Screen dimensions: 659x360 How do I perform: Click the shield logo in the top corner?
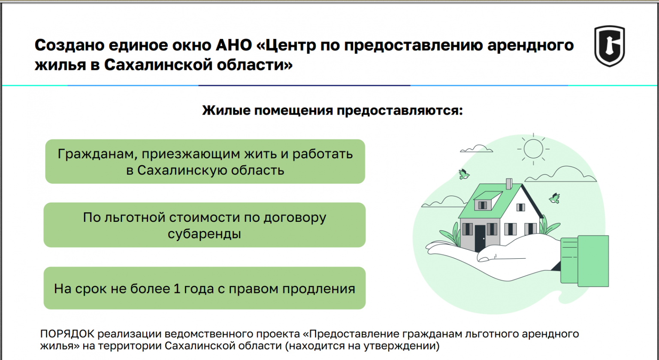tap(609, 46)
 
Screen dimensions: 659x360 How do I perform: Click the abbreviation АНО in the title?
tap(233, 45)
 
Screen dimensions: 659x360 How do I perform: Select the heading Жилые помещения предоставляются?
tap(333, 111)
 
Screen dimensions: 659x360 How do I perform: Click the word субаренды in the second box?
tap(205, 234)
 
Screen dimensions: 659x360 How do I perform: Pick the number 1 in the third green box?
tap(176, 288)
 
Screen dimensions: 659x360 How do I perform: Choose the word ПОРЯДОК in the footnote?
tap(67, 334)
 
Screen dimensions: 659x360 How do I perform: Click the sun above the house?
tap(533, 149)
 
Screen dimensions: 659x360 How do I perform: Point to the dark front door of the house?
tap(480, 238)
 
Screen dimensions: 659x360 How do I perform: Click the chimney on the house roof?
tap(509, 184)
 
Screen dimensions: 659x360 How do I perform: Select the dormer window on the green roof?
tap(487, 200)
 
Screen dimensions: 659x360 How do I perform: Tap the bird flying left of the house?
tap(464, 174)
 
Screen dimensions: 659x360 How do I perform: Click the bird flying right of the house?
tap(555, 198)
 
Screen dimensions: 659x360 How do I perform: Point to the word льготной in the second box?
tap(134, 218)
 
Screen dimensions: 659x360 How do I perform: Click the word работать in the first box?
tap(323, 154)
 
